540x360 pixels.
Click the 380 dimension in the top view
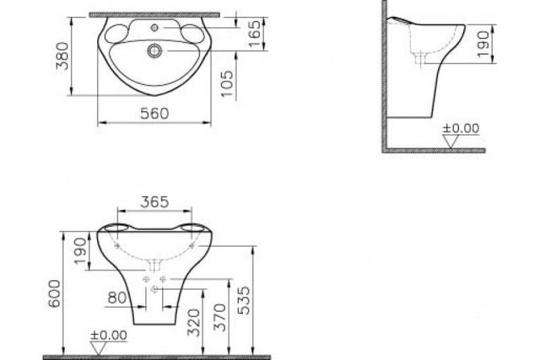click(62, 59)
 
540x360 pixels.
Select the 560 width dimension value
click(154, 114)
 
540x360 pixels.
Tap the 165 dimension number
click(255, 34)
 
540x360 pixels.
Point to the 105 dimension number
click(227, 83)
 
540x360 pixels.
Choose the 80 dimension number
click(117, 298)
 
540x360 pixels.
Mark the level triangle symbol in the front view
click(100, 347)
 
